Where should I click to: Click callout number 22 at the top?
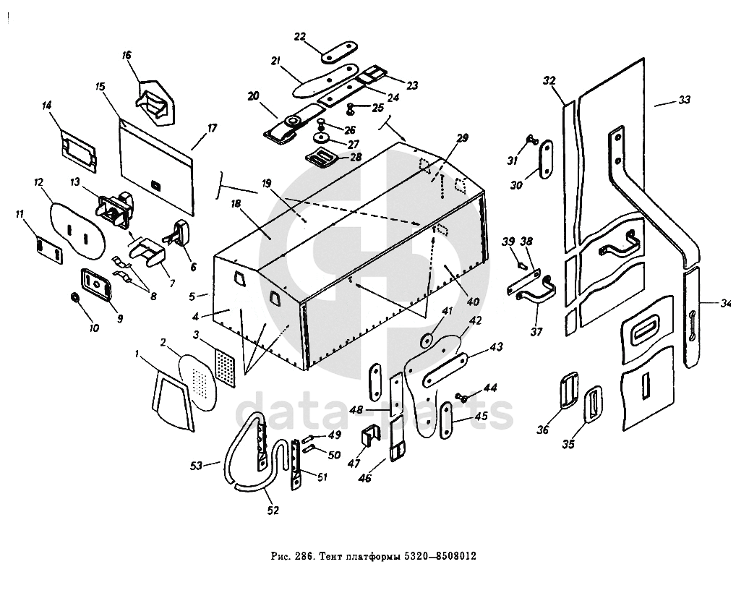300,37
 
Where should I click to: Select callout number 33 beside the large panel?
684,100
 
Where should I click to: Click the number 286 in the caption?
302,558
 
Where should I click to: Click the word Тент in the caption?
330,558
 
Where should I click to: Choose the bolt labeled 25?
351,109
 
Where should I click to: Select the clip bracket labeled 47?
370,438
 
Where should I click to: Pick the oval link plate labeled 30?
543,163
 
